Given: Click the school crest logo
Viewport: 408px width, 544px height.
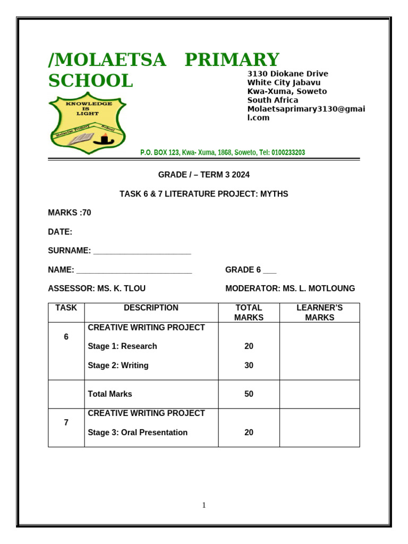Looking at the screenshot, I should [87, 123].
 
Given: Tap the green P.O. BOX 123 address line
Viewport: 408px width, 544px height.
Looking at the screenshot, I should [223, 152].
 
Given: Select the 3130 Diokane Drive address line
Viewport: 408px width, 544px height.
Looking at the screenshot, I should [287, 74].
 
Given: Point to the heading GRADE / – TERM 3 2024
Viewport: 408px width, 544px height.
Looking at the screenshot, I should [203, 175].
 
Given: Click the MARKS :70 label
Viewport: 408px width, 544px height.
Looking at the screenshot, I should [70, 212].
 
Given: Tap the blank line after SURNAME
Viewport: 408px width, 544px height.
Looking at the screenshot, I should [142, 251].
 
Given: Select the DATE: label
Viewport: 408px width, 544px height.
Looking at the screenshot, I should [60, 232].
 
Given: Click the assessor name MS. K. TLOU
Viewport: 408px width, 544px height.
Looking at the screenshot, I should [121, 288].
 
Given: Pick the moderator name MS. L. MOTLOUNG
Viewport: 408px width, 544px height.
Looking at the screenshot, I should [319, 288].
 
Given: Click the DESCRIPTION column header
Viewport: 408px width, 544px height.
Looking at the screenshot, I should [151, 308].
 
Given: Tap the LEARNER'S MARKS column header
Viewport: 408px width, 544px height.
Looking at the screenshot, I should [319, 312].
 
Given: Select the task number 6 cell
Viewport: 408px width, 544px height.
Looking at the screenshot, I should [66, 337].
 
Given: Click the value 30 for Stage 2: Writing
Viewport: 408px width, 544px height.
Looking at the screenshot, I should [249, 365].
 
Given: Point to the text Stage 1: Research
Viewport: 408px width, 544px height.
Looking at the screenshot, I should [122, 346].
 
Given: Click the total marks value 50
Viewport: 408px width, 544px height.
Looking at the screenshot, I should [249, 394].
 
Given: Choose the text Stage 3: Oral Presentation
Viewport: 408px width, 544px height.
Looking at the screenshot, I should [138, 432].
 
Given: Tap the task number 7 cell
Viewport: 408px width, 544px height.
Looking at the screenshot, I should [66, 423].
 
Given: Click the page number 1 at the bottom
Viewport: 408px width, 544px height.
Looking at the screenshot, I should [203, 505].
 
